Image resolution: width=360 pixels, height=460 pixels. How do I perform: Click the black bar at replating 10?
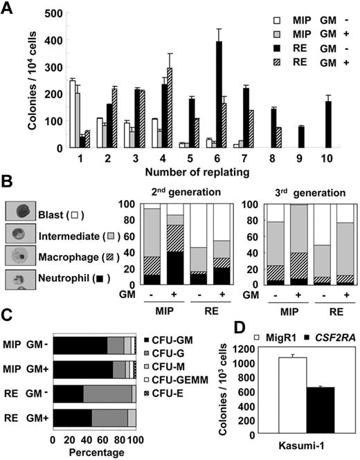[328, 125]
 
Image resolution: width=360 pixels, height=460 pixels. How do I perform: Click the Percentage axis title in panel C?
[94, 454]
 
